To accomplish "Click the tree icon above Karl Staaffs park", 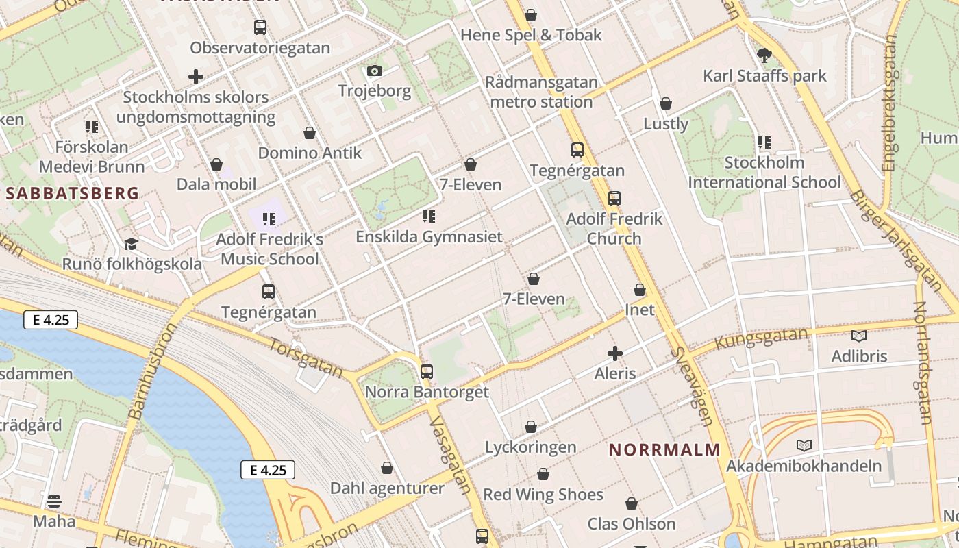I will coord(764,55).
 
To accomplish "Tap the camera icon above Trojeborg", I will coord(374,71).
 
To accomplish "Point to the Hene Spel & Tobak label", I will coord(531,35).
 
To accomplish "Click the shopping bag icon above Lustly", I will coord(666,103).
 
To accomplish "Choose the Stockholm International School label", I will coord(764,173).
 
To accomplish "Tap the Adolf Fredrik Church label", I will coord(614,228).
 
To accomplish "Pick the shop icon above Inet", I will coord(640,290).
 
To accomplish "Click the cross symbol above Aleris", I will coord(615,353).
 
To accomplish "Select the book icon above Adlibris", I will coord(859,336).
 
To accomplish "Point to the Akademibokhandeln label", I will coord(804,466).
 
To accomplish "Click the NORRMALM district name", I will coord(664,450).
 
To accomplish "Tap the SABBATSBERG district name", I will coord(73,193).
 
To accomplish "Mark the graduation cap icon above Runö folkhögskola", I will coord(131,244).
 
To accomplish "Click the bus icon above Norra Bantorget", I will coord(427,372).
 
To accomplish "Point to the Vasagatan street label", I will coord(450,455).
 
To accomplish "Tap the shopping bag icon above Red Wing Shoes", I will coord(543,474).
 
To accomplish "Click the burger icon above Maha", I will coord(54,501).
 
